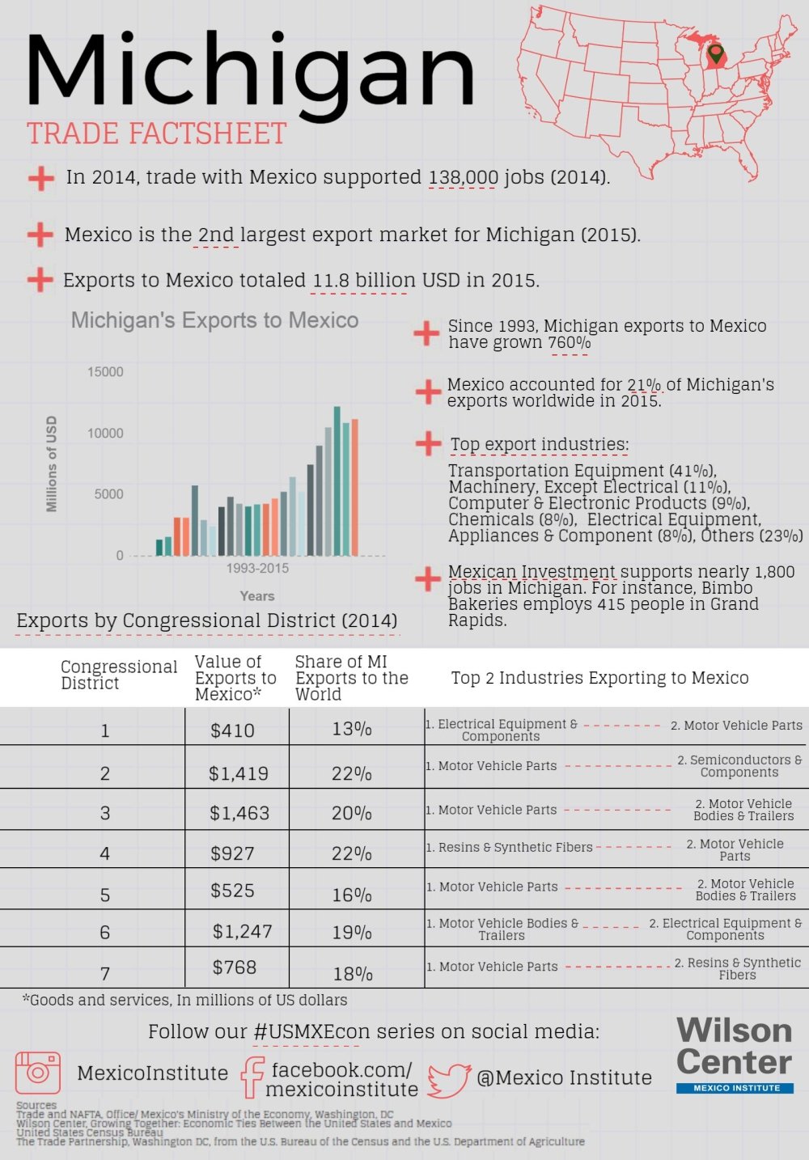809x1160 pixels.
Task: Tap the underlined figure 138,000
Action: coord(463,177)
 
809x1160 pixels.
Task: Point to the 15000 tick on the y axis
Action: coord(105,372)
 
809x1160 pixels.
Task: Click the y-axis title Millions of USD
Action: coord(52,464)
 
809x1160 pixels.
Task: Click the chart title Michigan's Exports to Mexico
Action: coord(214,320)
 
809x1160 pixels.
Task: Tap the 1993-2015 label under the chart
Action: coord(257,569)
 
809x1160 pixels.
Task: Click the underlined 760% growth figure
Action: coord(569,343)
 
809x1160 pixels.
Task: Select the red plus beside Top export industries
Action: coord(427,443)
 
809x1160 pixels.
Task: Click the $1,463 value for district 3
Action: coord(239,813)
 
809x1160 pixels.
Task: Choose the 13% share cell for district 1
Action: coord(352,729)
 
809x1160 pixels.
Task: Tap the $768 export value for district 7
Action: coord(234,967)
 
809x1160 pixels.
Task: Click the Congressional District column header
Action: coord(118,675)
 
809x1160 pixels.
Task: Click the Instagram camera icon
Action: coord(38,1072)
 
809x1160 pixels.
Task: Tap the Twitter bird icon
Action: coord(449,1080)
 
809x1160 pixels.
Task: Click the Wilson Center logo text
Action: coord(734,1047)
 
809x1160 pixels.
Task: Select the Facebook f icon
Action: coord(252,1077)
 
